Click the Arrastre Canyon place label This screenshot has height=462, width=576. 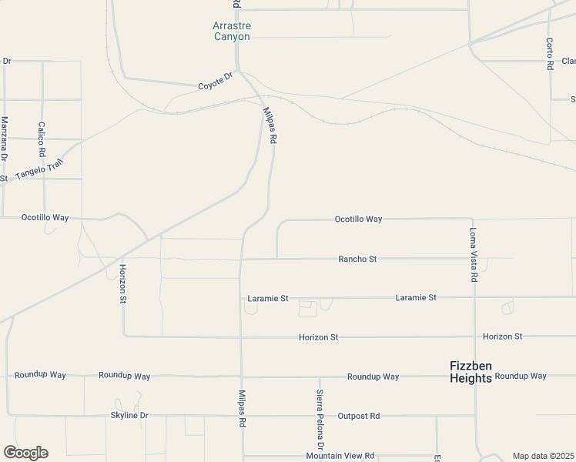coord(231,31)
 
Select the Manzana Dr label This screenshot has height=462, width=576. coord(4,139)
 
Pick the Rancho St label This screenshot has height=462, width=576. coord(357,259)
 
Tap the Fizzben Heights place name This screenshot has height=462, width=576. coord(471,372)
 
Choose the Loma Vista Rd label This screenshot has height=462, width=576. coord(474,255)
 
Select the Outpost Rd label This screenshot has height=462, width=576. coord(359,416)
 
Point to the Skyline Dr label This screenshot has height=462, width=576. coord(129,416)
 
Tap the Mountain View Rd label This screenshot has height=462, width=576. coord(340,456)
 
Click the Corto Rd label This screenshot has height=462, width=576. coord(550,54)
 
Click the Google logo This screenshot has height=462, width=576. coord(25,453)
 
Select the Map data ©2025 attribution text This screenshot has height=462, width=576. coord(543,456)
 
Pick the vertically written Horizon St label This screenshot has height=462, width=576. coord(122,284)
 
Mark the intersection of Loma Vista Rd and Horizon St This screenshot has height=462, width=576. coord(474,336)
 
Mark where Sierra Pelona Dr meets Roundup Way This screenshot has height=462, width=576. coord(320,377)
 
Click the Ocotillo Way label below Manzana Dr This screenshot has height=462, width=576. coord(45,218)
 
